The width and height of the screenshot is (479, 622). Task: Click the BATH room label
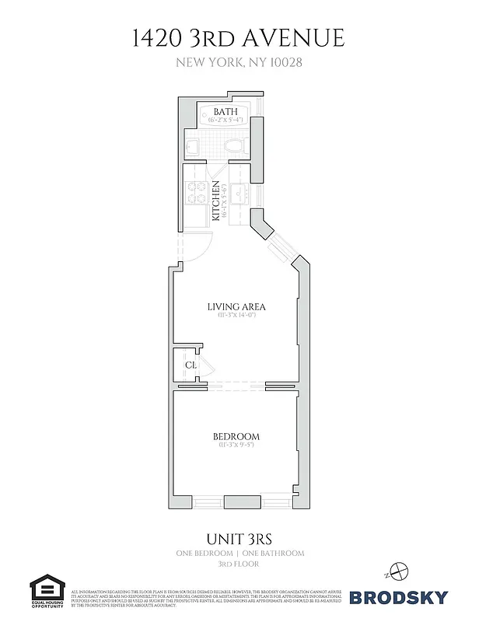point(226,112)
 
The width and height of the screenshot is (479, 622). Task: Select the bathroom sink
point(194,146)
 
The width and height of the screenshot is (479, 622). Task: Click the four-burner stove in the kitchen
point(195,192)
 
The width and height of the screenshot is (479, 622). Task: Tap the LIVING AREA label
point(238,306)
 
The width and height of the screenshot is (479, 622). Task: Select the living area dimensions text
point(238,316)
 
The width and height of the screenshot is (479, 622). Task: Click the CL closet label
point(191,365)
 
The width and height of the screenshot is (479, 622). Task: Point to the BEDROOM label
point(236,436)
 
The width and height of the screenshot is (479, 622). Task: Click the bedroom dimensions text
point(236,446)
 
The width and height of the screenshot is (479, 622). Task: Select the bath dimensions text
point(226,121)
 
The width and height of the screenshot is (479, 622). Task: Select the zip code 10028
point(284,63)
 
